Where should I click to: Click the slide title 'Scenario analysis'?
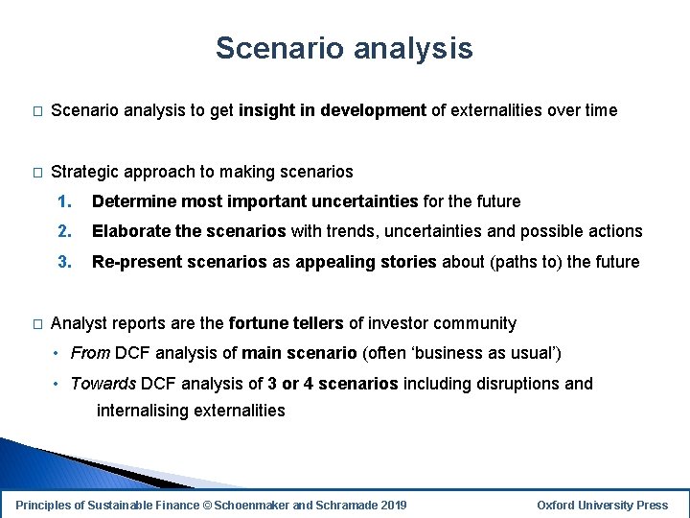(x=344, y=48)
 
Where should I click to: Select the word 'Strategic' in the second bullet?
(x=85, y=172)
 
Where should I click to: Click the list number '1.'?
(x=64, y=201)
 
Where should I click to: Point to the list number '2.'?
(x=64, y=231)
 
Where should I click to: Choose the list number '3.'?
(x=64, y=262)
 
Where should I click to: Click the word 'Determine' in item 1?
(x=133, y=201)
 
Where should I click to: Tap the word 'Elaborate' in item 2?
(x=130, y=231)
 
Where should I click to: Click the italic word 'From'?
(x=90, y=353)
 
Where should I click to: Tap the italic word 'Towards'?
(x=103, y=384)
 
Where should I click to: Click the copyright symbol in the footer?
(x=207, y=505)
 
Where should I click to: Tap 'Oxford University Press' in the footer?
(x=603, y=505)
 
